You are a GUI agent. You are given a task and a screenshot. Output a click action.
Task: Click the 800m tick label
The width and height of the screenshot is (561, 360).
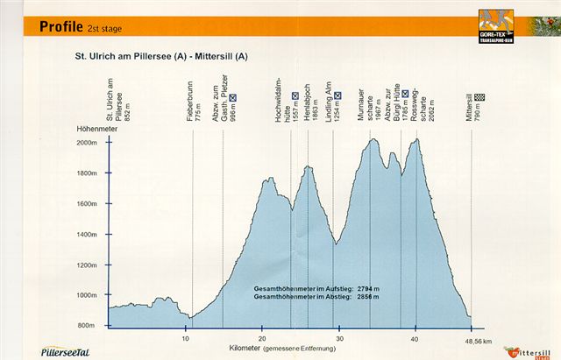click(87, 326)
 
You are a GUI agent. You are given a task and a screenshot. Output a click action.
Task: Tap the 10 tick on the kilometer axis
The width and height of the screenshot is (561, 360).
click(186, 337)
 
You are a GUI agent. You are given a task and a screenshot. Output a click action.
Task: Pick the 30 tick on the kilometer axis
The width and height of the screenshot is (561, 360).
click(339, 337)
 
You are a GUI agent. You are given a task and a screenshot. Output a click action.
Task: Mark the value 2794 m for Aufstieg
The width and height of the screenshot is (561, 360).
click(366, 287)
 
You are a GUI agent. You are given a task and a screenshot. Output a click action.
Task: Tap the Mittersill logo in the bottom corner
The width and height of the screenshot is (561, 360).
click(531, 350)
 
